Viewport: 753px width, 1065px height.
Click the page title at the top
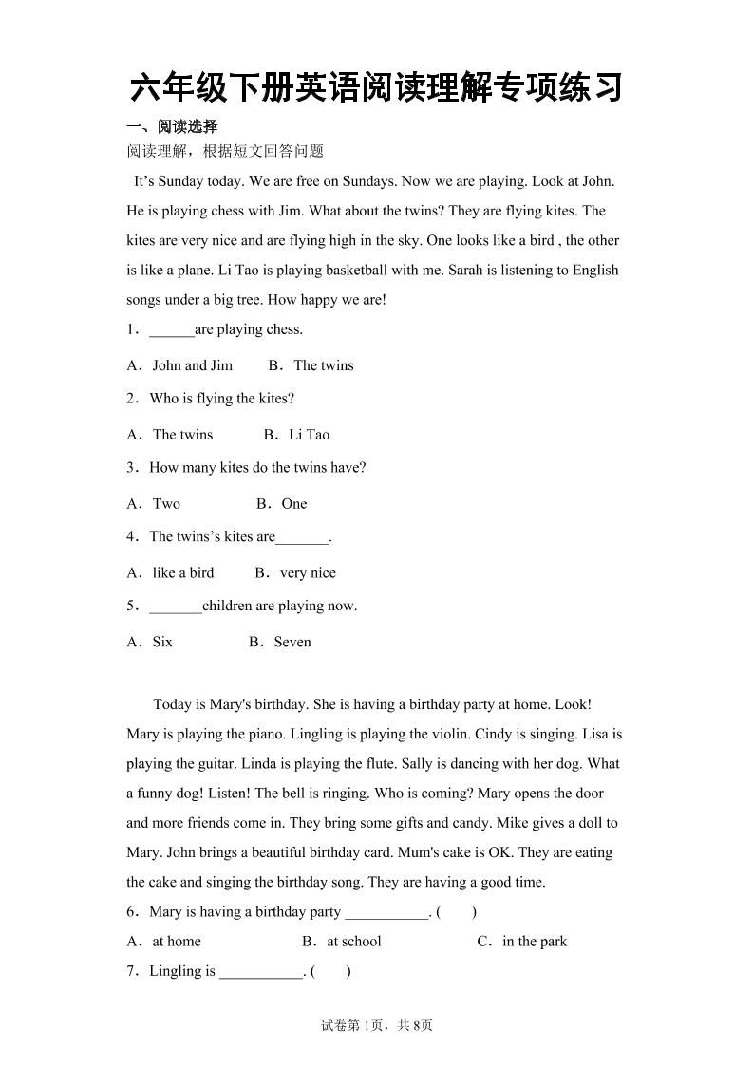point(376,87)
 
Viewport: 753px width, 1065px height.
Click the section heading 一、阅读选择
point(172,126)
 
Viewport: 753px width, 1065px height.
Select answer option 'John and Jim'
point(192,365)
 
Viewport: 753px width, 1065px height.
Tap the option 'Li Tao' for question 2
point(309,435)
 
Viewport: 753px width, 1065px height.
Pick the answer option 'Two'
point(166,504)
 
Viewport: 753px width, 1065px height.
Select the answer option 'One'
point(294,504)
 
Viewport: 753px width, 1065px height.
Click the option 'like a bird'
point(183,573)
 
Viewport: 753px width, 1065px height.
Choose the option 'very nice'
point(308,573)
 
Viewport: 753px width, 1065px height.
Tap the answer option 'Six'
point(162,643)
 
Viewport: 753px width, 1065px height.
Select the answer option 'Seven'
point(292,643)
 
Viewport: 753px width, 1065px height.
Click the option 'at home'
point(177,942)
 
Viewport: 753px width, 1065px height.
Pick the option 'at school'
point(353,942)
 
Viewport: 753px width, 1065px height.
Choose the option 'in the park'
point(535,942)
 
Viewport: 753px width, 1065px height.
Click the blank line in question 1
point(171,331)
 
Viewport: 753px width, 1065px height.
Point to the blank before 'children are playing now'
point(176,607)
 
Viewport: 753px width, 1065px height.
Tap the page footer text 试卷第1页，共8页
point(376,1025)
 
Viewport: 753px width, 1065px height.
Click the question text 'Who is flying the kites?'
point(222,399)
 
